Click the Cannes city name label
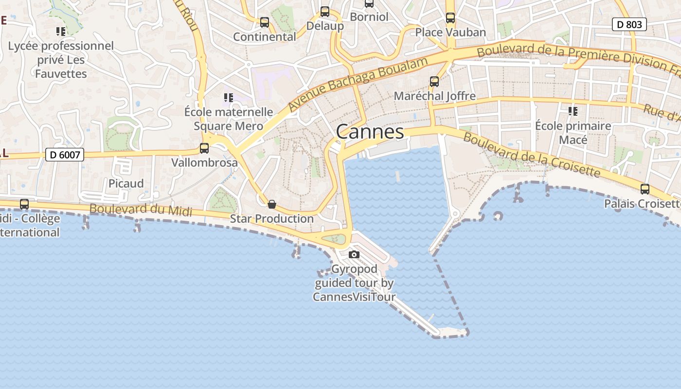pos(370,132)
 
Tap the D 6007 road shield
pos(65,155)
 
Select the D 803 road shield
pos(629,24)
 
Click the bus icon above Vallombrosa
pos(204,148)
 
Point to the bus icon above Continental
pos(265,22)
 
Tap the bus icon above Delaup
pos(325,12)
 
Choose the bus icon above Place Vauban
pos(450,18)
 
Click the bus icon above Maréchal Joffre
pos(434,82)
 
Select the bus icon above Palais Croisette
pos(645,189)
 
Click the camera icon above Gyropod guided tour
pos(354,254)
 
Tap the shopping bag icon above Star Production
pos(272,204)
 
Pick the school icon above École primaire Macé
pos(573,111)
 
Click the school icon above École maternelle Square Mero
pos(228,98)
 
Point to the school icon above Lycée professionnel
pos(61,32)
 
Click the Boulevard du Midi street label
pos(141,210)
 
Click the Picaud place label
pos(126,183)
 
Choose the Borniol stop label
pos(369,17)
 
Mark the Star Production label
pos(271,218)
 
